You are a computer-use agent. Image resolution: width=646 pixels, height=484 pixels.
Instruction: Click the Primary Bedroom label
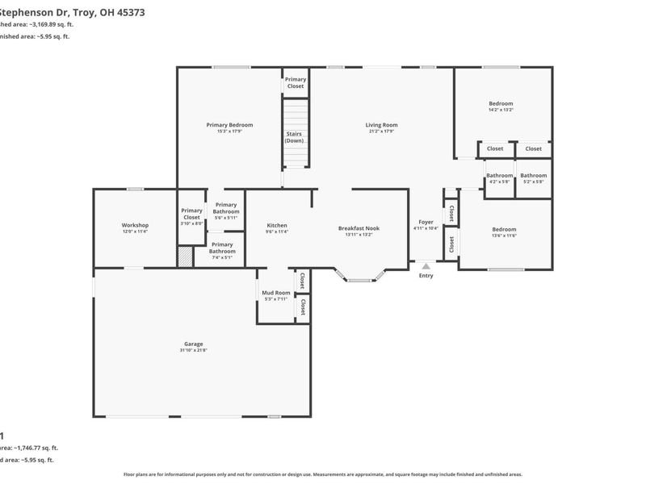[229, 124]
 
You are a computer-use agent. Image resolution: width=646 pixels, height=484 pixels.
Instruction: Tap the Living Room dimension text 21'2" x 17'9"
[381, 131]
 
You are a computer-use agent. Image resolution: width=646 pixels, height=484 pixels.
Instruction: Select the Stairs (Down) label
[294, 137]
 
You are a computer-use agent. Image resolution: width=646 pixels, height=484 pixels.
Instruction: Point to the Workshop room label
[135, 225]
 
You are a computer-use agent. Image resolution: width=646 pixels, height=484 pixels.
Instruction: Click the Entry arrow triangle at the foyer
[426, 265]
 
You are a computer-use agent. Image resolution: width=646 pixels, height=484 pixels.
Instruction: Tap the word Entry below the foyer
[426, 276]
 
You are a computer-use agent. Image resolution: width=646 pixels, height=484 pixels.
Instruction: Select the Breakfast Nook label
[359, 228]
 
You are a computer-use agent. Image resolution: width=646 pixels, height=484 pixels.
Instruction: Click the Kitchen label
[277, 225]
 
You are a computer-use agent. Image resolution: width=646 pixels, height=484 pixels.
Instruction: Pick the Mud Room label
[276, 293]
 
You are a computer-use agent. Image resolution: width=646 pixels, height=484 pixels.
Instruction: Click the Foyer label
[426, 222]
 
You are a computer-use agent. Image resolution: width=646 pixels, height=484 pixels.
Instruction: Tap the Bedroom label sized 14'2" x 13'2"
[501, 103]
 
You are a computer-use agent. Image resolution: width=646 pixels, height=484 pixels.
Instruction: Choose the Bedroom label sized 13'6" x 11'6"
[504, 229]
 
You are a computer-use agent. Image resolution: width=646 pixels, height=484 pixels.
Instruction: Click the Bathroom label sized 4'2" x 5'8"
[500, 175]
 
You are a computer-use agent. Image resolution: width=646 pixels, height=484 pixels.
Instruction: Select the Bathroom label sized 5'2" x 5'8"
[533, 175]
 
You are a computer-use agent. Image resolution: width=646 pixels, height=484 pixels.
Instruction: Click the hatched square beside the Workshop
[186, 257]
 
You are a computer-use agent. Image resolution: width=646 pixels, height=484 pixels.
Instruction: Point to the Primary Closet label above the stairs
[296, 82]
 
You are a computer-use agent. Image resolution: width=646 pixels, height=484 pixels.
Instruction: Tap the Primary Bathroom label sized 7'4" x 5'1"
[222, 248]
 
